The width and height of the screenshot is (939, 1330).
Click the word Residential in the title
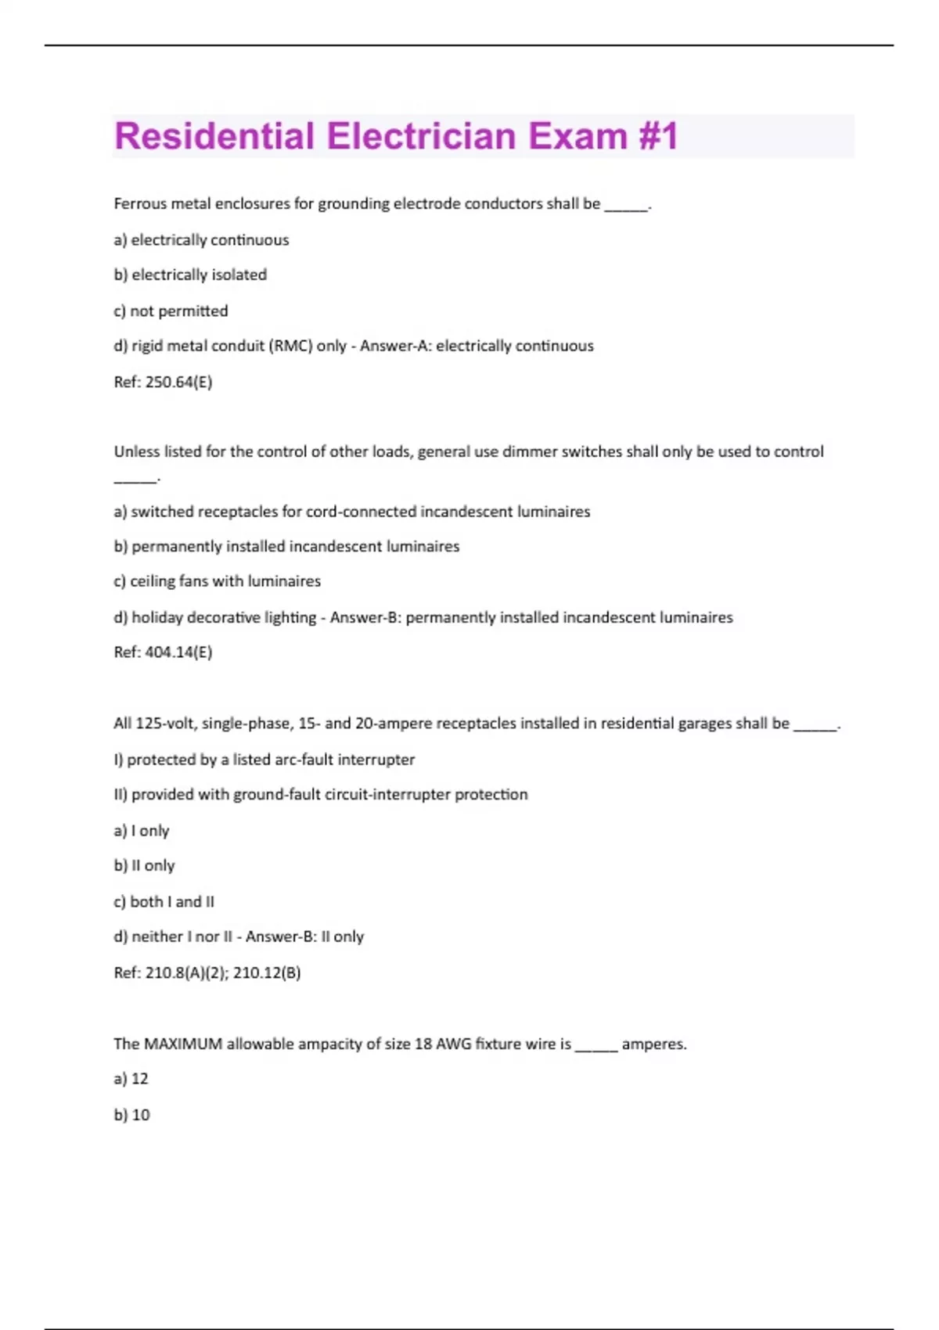click(x=214, y=136)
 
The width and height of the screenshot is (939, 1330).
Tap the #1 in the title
click(x=657, y=136)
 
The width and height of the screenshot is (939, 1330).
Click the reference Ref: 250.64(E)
click(x=163, y=382)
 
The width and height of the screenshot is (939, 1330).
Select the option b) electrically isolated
click(x=190, y=275)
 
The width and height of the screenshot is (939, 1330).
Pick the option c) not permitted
click(x=171, y=311)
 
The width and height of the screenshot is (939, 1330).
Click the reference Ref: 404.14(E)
click(x=163, y=652)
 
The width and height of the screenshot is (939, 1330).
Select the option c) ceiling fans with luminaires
click(x=217, y=581)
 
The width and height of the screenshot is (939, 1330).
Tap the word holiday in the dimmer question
click(x=157, y=617)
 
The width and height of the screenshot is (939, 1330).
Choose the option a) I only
click(x=142, y=830)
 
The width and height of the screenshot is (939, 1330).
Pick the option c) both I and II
click(x=164, y=901)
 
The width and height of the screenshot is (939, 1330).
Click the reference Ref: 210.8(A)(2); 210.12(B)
click(x=207, y=972)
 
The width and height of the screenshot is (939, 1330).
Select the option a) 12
click(x=131, y=1079)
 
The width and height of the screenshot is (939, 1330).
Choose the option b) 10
click(x=131, y=1115)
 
